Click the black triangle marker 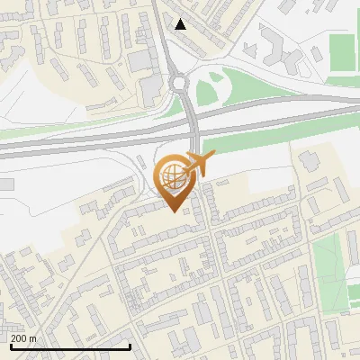point(181,24)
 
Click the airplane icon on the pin point(201,164)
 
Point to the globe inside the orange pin point(173,175)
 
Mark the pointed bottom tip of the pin point(174,212)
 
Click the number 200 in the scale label point(20,338)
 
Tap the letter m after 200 point(33,338)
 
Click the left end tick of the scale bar point(11,345)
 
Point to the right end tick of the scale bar point(130,345)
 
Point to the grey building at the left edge point(5,184)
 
